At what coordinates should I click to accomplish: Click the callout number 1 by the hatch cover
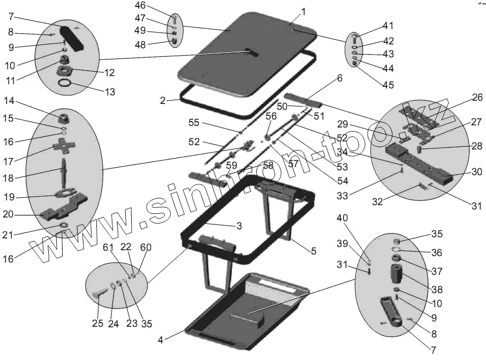pyautogui.click(x=303, y=11)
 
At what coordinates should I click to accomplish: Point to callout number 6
pyautogui.click(x=339, y=78)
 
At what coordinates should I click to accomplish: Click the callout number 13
pyautogui.click(x=109, y=92)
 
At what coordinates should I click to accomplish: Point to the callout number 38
pyautogui.click(x=437, y=290)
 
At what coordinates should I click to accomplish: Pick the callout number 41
pyautogui.click(x=388, y=25)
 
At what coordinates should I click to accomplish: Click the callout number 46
pyautogui.click(x=140, y=6)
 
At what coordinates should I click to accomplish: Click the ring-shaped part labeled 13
pyautogui.click(x=65, y=85)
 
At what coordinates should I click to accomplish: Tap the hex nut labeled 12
pyautogui.click(x=66, y=70)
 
